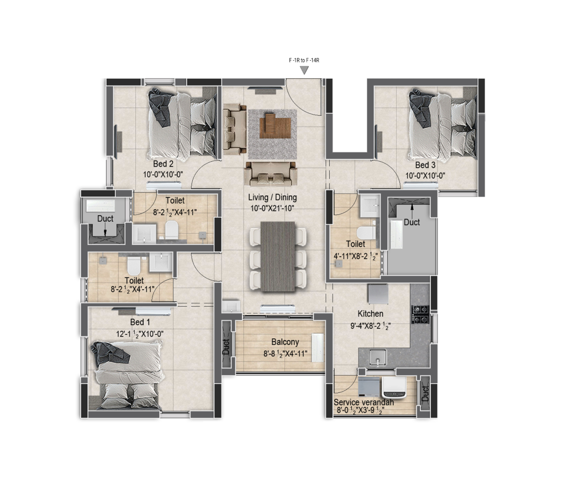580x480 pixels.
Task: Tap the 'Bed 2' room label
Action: (163, 164)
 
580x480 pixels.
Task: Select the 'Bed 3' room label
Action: (425, 165)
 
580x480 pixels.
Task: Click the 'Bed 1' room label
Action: (140, 322)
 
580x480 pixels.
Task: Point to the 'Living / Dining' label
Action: (272, 197)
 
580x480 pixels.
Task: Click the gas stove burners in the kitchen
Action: (420, 313)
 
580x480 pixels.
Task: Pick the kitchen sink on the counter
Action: (377, 357)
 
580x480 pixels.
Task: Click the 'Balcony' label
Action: (285, 342)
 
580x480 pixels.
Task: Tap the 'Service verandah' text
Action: (363, 403)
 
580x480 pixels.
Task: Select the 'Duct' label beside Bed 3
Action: (412, 222)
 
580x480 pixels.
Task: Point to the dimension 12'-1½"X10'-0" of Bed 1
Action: (140, 333)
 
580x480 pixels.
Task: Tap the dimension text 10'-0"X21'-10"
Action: (272, 208)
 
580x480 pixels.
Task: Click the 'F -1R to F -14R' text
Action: (304, 60)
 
